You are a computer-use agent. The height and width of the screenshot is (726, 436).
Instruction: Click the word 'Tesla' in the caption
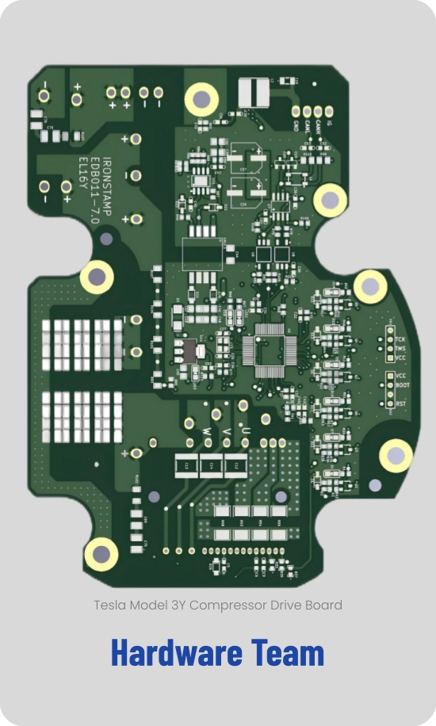pos(110,605)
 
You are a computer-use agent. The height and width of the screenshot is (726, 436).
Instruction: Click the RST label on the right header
pos(400,403)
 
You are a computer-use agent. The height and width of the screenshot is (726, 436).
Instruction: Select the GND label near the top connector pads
pos(296,127)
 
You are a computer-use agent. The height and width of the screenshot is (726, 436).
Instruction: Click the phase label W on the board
pos(207,430)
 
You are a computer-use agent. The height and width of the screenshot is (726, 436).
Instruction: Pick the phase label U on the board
pos(248,430)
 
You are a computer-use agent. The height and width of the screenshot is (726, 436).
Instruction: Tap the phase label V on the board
pos(228,430)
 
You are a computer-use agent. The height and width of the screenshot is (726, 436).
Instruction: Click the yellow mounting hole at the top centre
pos(201,99)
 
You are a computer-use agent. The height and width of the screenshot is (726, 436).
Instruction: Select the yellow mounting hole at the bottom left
pos(101,554)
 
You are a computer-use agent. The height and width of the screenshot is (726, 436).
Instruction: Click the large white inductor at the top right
pos(254,91)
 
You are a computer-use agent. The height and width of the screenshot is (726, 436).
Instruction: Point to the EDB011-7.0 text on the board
pos(93,186)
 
